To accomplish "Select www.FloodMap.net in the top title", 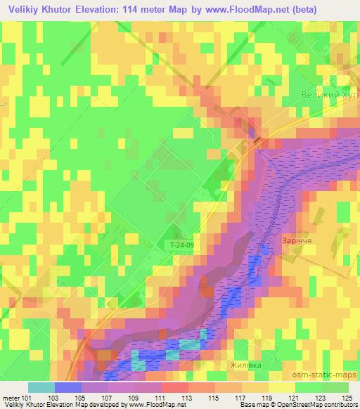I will point(257,10).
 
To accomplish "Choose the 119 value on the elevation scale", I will point(266,397).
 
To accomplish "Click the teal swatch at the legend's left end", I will point(41,387).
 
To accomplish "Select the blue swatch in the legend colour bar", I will point(67,387).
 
